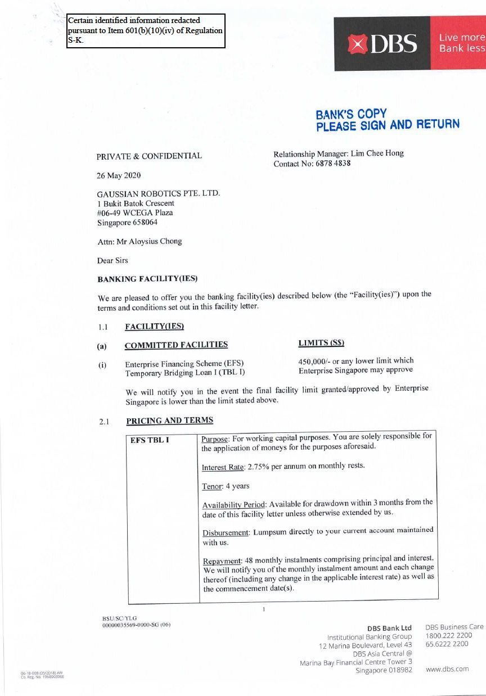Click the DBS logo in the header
(x=382, y=44)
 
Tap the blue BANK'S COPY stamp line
(x=351, y=114)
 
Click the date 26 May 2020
(x=119, y=175)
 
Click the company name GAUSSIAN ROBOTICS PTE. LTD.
(x=158, y=193)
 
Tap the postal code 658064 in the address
(x=145, y=223)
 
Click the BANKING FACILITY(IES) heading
(x=147, y=279)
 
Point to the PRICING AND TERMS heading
(x=169, y=421)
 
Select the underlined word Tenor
(x=212, y=486)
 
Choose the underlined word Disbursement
(x=225, y=532)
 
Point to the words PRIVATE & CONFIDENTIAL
(x=149, y=156)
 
